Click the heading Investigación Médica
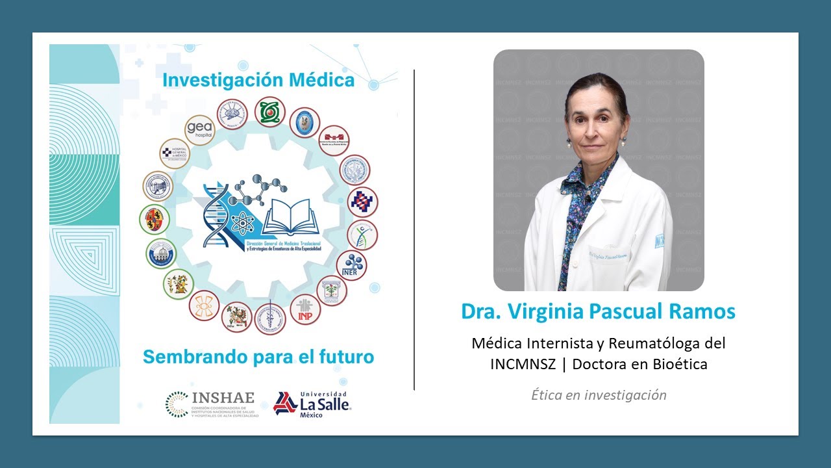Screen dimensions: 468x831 [x=258, y=80]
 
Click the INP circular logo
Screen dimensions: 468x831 [x=305, y=309]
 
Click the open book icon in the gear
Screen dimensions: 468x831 [x=291, y=216]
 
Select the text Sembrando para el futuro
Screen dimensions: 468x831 [x=258, y=357]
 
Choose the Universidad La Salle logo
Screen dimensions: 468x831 [x=312, y=404]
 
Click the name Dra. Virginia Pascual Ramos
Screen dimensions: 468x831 [x=598, y=311]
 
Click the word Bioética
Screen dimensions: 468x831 [x=682, y=365]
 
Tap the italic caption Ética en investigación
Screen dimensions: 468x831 [x=599, y=395]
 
